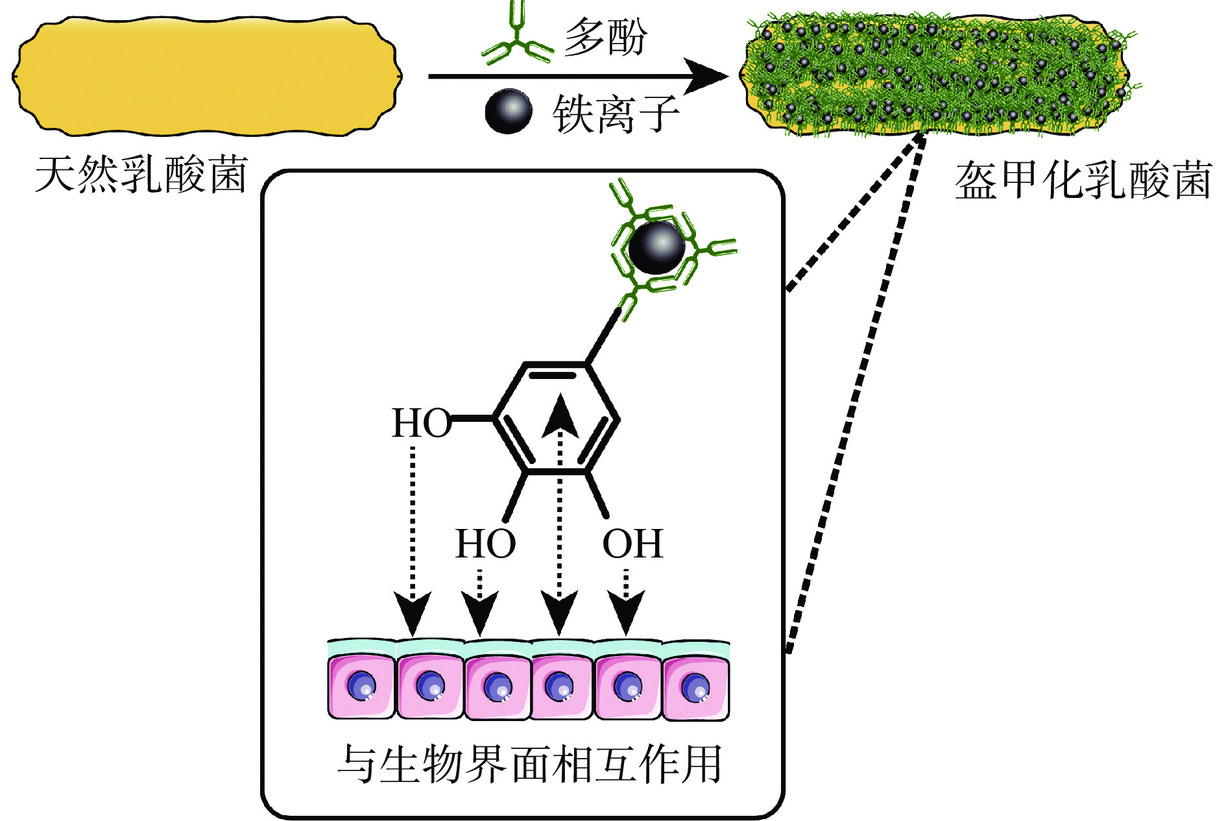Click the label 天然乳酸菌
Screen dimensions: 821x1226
(x=141, y=175)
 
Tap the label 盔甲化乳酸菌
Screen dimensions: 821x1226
(x=1083, y=180)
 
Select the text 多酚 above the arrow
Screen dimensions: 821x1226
(x=605, y=37)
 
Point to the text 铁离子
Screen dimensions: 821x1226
(x=616, y=114)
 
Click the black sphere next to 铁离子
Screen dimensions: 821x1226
(x=509, y=111)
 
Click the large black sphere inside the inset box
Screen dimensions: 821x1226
(x=656, y=247)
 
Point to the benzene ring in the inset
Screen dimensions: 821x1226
(x=557, y=419)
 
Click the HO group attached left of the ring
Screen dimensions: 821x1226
(x=421, y=423)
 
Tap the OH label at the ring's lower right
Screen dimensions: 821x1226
(x=632, y=544)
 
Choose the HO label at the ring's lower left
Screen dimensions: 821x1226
(x=485, y=544)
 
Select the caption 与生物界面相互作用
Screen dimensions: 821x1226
(x=529, y=764)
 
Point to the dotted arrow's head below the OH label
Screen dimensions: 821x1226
(x=625, y=612)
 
